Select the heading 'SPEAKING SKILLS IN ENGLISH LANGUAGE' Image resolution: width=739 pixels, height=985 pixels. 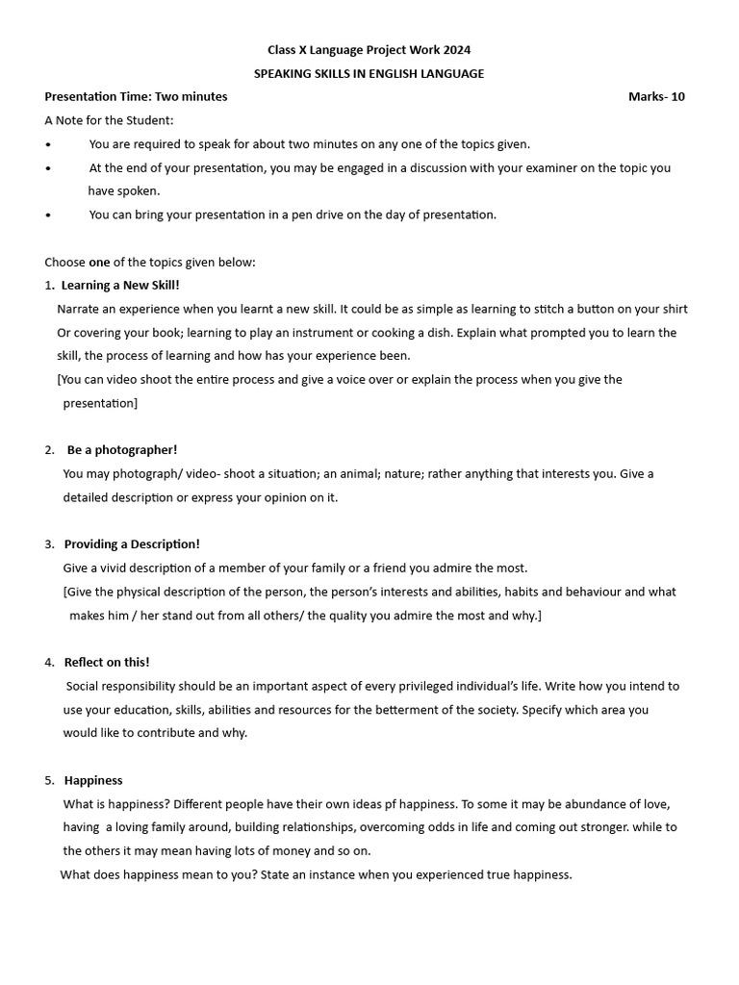tap(369, 73)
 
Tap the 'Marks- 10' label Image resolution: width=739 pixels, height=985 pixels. tap(656, 96)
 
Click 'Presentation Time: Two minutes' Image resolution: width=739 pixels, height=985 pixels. tap(136, 96)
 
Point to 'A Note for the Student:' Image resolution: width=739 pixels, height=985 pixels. tap(110, 120)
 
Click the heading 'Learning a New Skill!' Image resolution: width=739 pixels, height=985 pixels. tap(120, 285)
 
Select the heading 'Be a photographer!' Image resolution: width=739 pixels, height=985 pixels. tap(122, 449)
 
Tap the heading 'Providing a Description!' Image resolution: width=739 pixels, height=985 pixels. tap(132, 543)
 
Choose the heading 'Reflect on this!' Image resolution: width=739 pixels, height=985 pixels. tap(107, 662)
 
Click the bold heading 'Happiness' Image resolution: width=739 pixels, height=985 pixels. tap(93, 780)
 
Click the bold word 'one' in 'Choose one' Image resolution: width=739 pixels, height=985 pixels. tap(100, 262)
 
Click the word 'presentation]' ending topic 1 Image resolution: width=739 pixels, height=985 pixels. tap(100, 403)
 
